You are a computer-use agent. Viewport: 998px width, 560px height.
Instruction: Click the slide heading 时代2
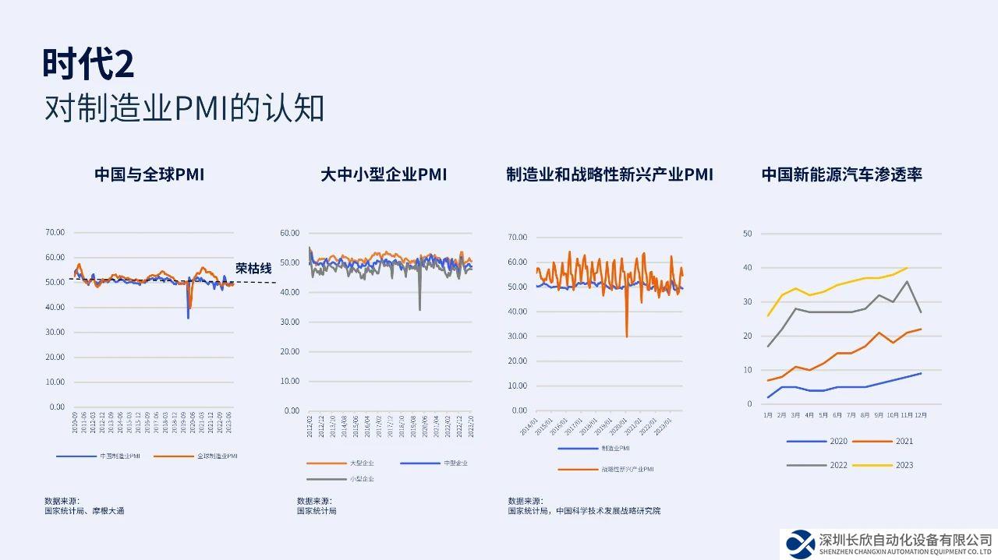pyautogui.click(x=88, y=65)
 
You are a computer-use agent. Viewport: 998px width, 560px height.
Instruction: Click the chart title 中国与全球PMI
pyautogui.click(x=149, y=174)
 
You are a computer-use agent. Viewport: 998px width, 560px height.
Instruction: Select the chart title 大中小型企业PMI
pyautogui.click(x=384, y=174)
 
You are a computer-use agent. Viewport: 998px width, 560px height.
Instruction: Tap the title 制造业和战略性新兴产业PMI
pyautogui.click(x=609, y=174)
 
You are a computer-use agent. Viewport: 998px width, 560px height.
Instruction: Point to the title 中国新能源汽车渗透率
pyautogui.click(x=842, y=174)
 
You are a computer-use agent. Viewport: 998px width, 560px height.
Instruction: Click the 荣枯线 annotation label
pyautogui.click(x=253, y=269)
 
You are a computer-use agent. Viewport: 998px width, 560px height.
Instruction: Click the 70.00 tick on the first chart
pyautogui.click(x=55, y=232)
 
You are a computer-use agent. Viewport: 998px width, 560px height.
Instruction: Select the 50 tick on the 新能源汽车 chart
pyautogui.click(x=747, y=234)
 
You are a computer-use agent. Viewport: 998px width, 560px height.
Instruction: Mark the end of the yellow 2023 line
pyautogui.click(x=907, y=268)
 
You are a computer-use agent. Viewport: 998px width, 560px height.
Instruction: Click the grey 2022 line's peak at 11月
pyautogui.click(x=907, y=281)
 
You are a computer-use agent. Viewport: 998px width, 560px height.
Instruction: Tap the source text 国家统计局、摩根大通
pyautogui.click(x=84, y=511)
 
